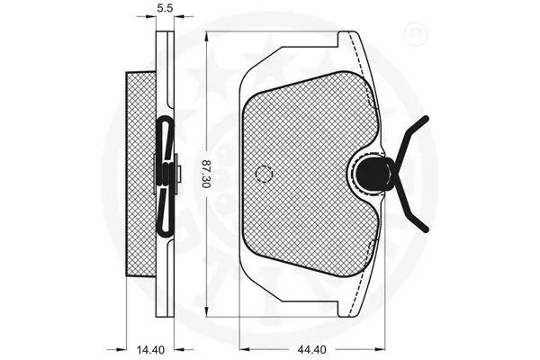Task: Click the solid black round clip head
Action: [369, 170]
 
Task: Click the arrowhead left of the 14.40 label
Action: [121, 347]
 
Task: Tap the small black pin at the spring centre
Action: [179, 170]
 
